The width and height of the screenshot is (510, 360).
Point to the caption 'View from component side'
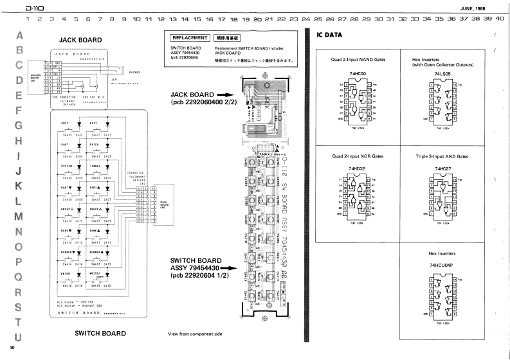click(x=195, y=334)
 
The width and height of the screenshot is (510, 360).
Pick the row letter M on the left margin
click(x=19, y=215)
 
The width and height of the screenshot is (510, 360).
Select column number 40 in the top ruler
click(x=500, y=19)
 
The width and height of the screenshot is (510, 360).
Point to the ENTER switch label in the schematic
click(x=64, y=273)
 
